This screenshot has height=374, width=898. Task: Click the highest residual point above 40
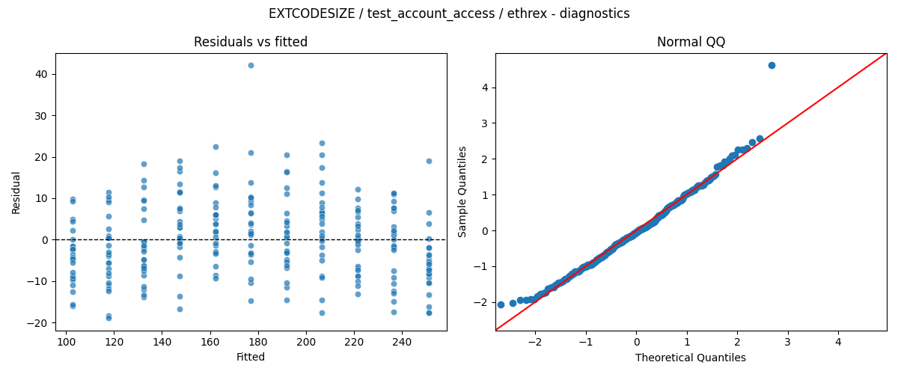[251, 65]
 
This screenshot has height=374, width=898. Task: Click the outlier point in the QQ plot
[772, 65]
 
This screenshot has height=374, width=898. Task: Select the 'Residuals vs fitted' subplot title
[251, 42]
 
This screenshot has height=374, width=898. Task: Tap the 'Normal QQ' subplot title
[691, 42]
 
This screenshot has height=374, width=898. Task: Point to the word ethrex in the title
[527, 13]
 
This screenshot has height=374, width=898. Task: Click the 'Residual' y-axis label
[16, 193]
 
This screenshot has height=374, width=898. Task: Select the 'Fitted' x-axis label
[251, 357]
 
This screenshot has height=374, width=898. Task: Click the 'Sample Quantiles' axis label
[462, 191]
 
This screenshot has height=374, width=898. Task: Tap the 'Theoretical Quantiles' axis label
[690, 357]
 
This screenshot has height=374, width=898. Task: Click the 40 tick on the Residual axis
[42, 74]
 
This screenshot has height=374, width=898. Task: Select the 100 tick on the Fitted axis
[66, 342]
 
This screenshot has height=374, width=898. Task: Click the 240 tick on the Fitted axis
[402, 342]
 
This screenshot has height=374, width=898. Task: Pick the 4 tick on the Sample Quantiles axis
[485, 88]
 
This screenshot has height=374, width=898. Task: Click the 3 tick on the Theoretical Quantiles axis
[788, 342]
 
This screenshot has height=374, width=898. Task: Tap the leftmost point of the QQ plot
[501, 304]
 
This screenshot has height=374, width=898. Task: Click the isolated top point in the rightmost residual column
[429, 161]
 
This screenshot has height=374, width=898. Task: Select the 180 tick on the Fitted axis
[258, 342]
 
